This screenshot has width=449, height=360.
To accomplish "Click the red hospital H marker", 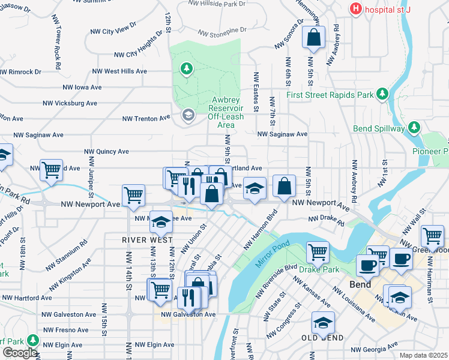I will (356, 9).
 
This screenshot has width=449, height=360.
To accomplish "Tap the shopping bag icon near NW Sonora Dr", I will (313, 38).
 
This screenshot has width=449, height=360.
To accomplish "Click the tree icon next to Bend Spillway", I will (414, 128).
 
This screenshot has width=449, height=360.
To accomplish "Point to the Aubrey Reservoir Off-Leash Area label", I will (225, 112).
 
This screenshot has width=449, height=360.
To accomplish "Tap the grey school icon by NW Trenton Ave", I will (188, 115).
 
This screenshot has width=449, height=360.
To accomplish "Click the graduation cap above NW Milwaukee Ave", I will (161, 223).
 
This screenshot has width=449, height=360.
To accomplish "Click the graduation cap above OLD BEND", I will (323, 323).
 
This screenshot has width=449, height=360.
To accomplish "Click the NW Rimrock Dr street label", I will (21, 71).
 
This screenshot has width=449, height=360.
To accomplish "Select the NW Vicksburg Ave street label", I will (70, 103).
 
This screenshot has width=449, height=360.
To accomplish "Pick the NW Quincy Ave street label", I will (106, 152).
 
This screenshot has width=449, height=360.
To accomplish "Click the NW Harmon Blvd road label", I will (261, 230).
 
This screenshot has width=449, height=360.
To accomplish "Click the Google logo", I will (19, 352).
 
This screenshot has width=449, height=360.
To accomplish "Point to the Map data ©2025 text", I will (423, 355).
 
